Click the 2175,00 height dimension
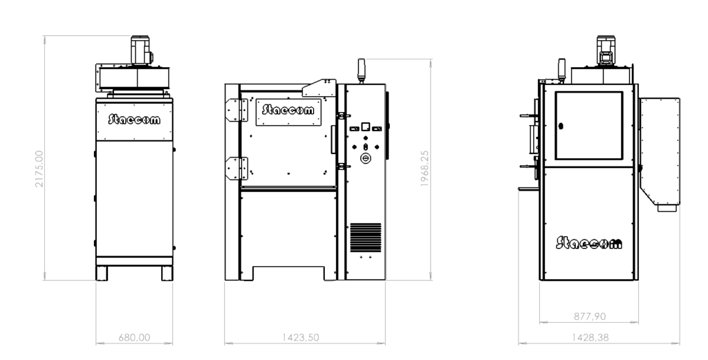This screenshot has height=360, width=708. pos(39,169)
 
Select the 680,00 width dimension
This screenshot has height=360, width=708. pos(134,337)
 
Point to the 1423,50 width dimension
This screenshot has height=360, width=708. pos(301,337)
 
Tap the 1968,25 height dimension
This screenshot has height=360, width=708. pos(425,169)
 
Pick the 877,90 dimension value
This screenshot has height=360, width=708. pos(590,316)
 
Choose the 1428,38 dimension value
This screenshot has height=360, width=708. pos(590,337)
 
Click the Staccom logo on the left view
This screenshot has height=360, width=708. pos(134,119)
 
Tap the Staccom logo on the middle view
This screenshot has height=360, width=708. pos(288,110)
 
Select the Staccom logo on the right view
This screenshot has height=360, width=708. pos(589,243)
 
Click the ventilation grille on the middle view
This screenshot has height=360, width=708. pos(366,237)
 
